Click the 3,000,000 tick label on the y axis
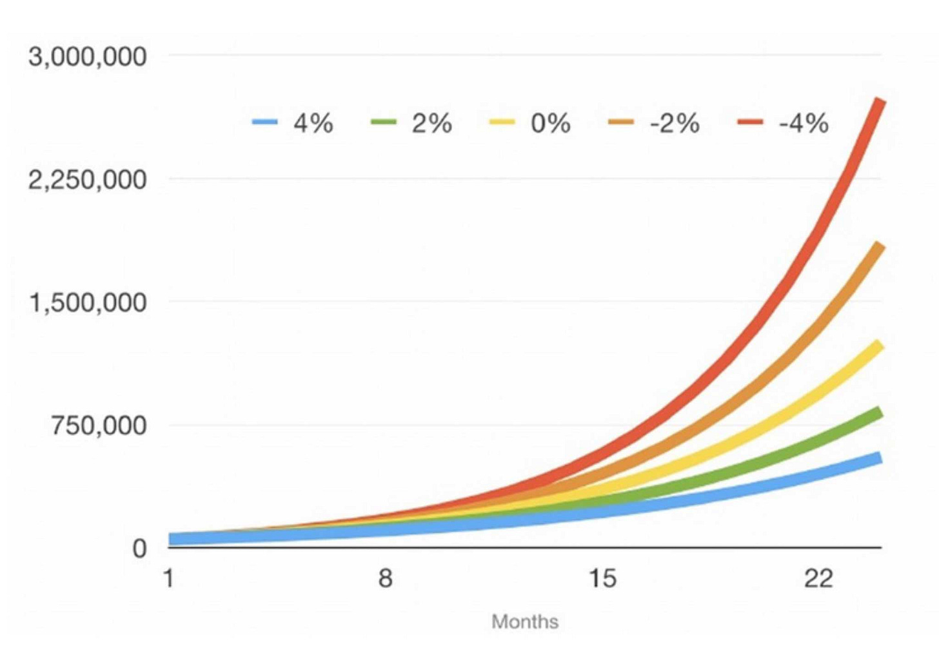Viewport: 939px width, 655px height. pyautogui.click(x=87, y=57)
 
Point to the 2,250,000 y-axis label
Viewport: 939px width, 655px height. pyautogui.click(x=87, y=180)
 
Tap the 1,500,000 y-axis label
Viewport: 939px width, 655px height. pyautogui.click(x=88, y=302)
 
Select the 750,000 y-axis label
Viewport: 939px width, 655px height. pyautogui.click(x=99, y=425)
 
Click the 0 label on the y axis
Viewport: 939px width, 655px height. pyautogui.click(x=139, y=549)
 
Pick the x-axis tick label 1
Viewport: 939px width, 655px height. pyautogui.click(x=168, y=578)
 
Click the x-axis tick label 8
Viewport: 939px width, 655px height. pyautogui.click(x=385, y=578)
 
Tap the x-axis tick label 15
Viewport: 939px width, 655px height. pyautogui.click(x=602, y=578)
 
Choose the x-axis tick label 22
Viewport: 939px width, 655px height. pyautogui.click(x=818, y=578)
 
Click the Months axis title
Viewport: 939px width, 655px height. pyautogui.click(x=524, y=621)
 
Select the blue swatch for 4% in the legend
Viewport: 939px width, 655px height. pyautogui.click(x=265, y=122)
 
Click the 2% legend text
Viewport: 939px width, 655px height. pyautogui.click(x=431, y=122)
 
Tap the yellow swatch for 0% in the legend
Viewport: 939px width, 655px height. pyautogui.click(x=502, y=122)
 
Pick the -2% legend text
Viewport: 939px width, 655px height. pyautogui.click(x=675, y=122)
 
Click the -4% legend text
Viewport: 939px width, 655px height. pyautogui.click(x=804, y=122)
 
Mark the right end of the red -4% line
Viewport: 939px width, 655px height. pyautogui.click(x=880, y=101)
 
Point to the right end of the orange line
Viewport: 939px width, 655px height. pyautogui.click(x=879, y=246)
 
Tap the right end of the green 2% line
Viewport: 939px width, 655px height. pyautogui.click(x=879, y=412)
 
